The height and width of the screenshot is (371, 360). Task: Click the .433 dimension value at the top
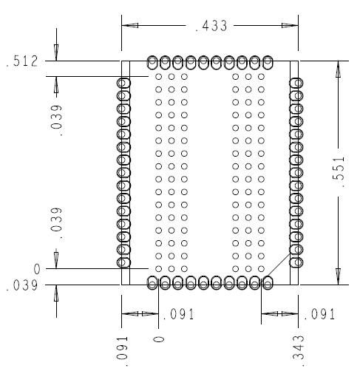click(x=211, y=26)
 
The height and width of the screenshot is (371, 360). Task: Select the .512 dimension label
click(x=22, y=61)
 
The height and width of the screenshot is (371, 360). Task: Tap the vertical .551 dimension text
click(x=339, y=171)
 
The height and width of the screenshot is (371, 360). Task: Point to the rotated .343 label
click(x=299, y=350)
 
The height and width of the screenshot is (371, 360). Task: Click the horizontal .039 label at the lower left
click(x=22, y=286)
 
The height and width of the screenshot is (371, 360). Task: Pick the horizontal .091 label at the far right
click(x=319, y=314)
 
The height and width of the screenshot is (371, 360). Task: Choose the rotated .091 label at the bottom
click(x=122, y=351)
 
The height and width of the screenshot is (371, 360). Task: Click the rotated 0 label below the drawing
click(x=159, y=339)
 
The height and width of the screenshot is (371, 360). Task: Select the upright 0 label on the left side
click(x=37, y=269)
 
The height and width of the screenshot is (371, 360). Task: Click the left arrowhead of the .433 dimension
click(x=130, y=25)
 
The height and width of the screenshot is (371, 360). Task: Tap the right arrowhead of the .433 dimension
click(x=290, y=25)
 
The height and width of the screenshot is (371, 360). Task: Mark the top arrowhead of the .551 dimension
click(x=339, y=69)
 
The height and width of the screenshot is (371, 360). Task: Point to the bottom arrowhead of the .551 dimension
click(x=339, y=276)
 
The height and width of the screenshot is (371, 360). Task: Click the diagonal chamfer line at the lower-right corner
click(x=279, y=265)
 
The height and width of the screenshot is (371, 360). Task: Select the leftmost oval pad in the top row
click(x=152, y=63)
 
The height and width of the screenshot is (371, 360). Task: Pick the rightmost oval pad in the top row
click(x=268, y=63)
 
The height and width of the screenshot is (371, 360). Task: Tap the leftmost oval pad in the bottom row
click(x=152, y=282)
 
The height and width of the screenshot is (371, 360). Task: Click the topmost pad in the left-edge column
click(x=123, y=83)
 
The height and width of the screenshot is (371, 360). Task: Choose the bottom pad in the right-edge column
click(x=296, y=262)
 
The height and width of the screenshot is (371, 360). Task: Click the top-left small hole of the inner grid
click(x=159, y=77)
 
